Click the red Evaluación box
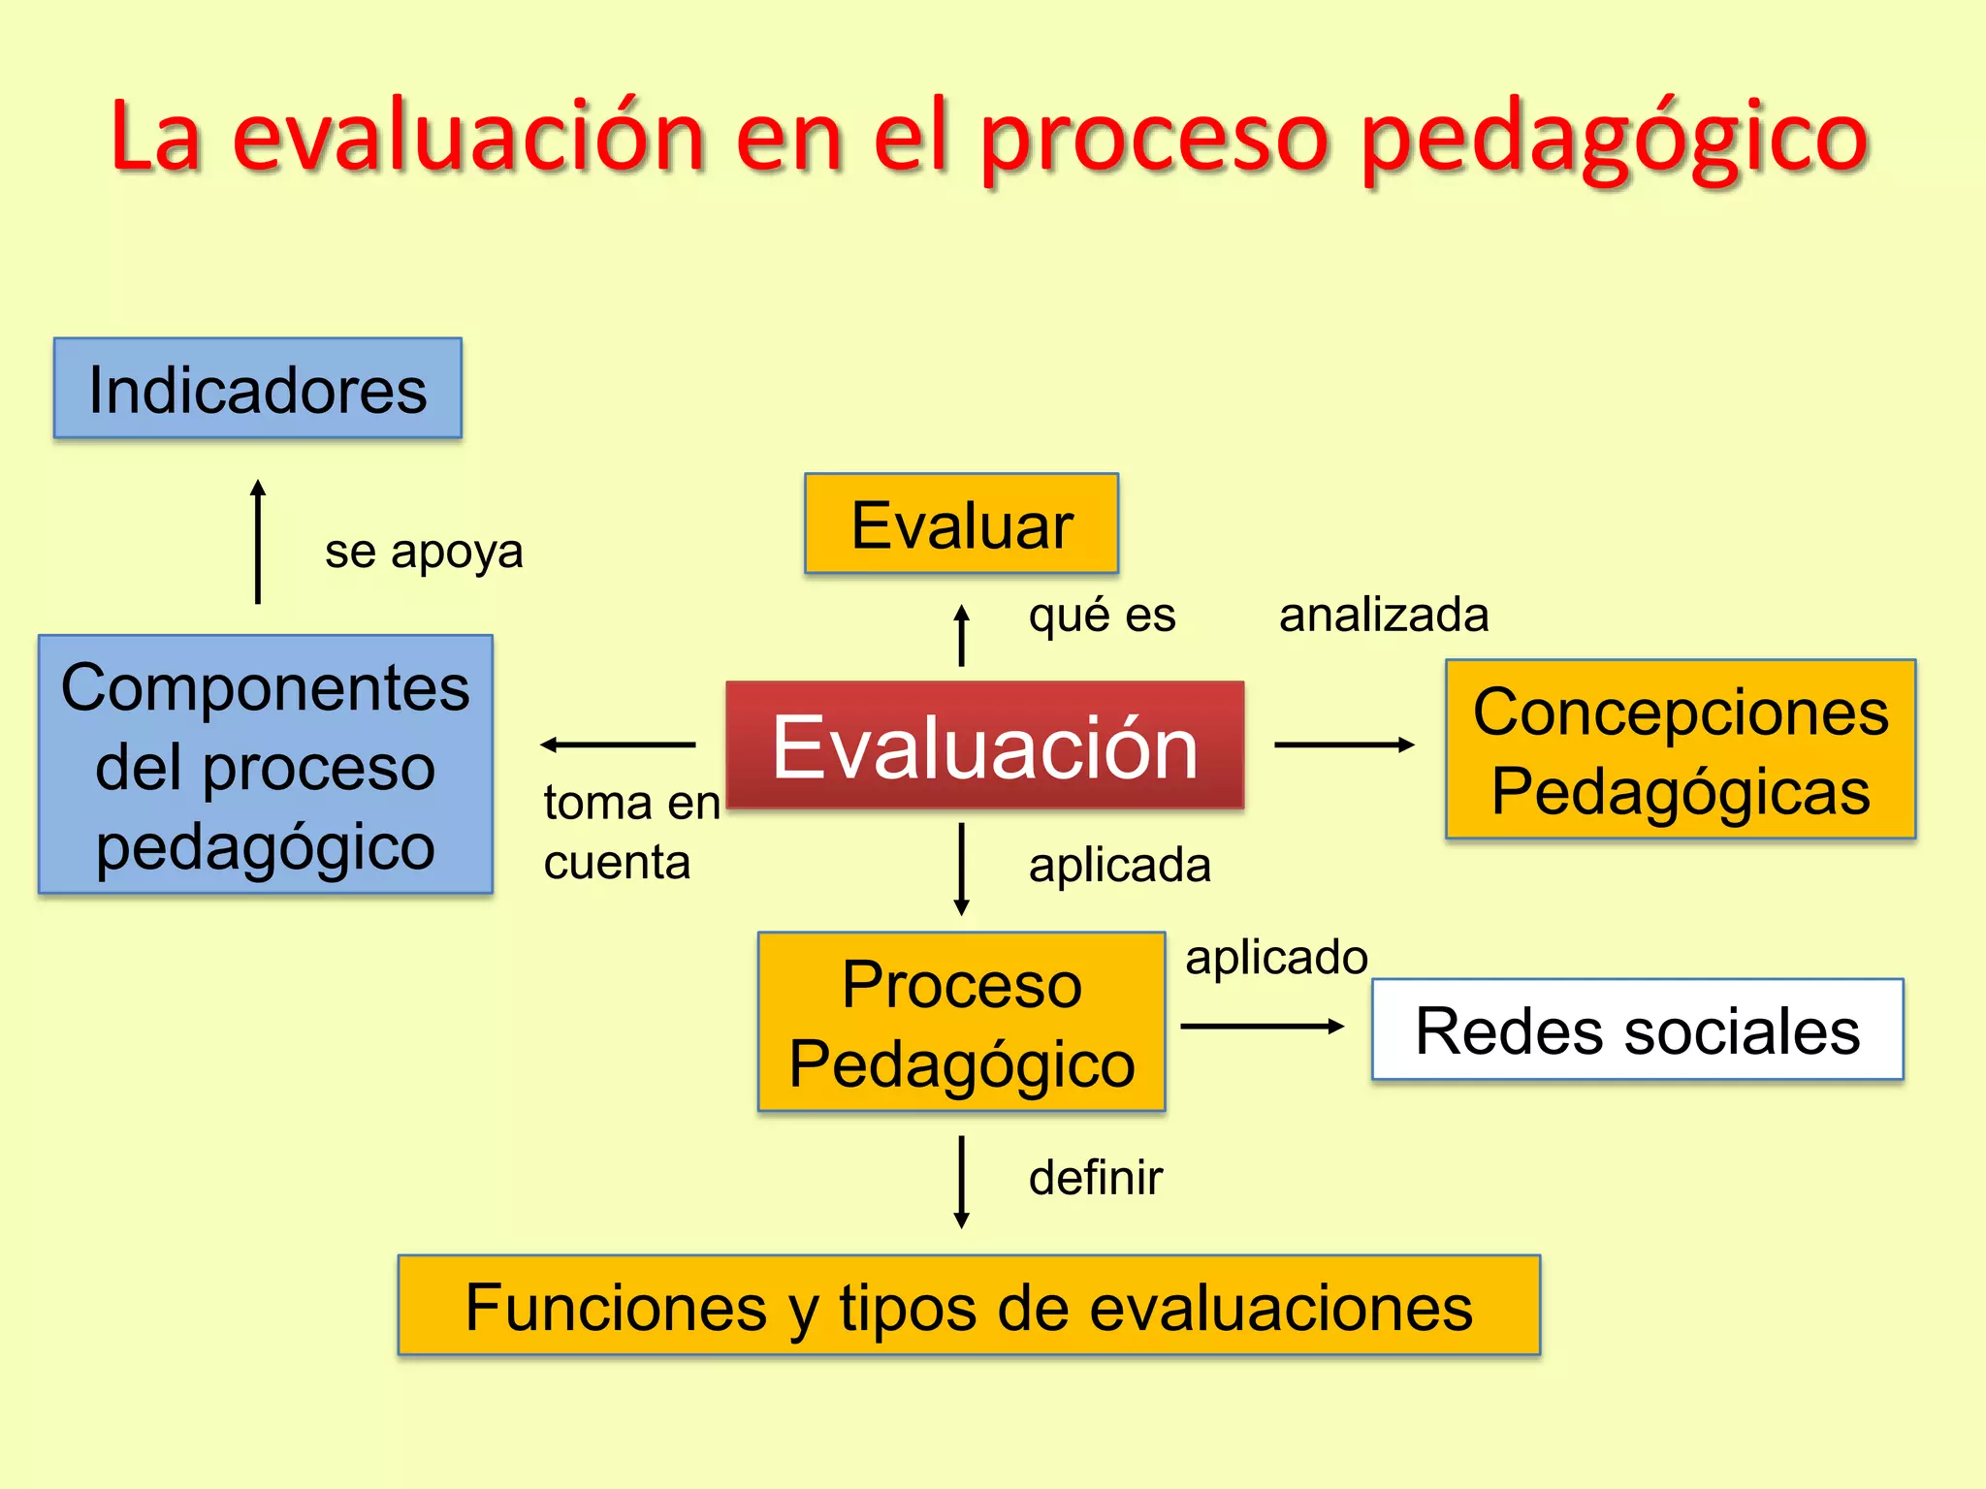click(x=984, y=744)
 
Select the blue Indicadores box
click(x=258, y=389)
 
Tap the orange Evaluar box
click(x=961, y=523)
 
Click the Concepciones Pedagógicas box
click(x=1680, y=749)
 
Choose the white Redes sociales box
click(x=1637, y=1030)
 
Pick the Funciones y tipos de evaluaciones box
click(x=969, y=1306)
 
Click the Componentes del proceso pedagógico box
click(x=265, y=765)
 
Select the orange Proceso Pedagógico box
click(x=961, y=1022)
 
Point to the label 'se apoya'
click(x=424, y=552)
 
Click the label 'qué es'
click(x=1102, y=615)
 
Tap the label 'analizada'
click(x=1384, y=615)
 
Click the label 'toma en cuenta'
click(x=630, y=832)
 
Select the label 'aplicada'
click(x=1120, y=864)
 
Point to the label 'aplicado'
click(x=1276, y=957)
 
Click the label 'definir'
click(x=1095, y=1178)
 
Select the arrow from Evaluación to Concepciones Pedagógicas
click(x=1344, y=744)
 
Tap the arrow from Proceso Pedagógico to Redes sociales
click(x=1262, y=1026)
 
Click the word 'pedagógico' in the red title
click(x=1613, y=138)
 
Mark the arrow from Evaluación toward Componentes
click(x=618, y=744)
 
